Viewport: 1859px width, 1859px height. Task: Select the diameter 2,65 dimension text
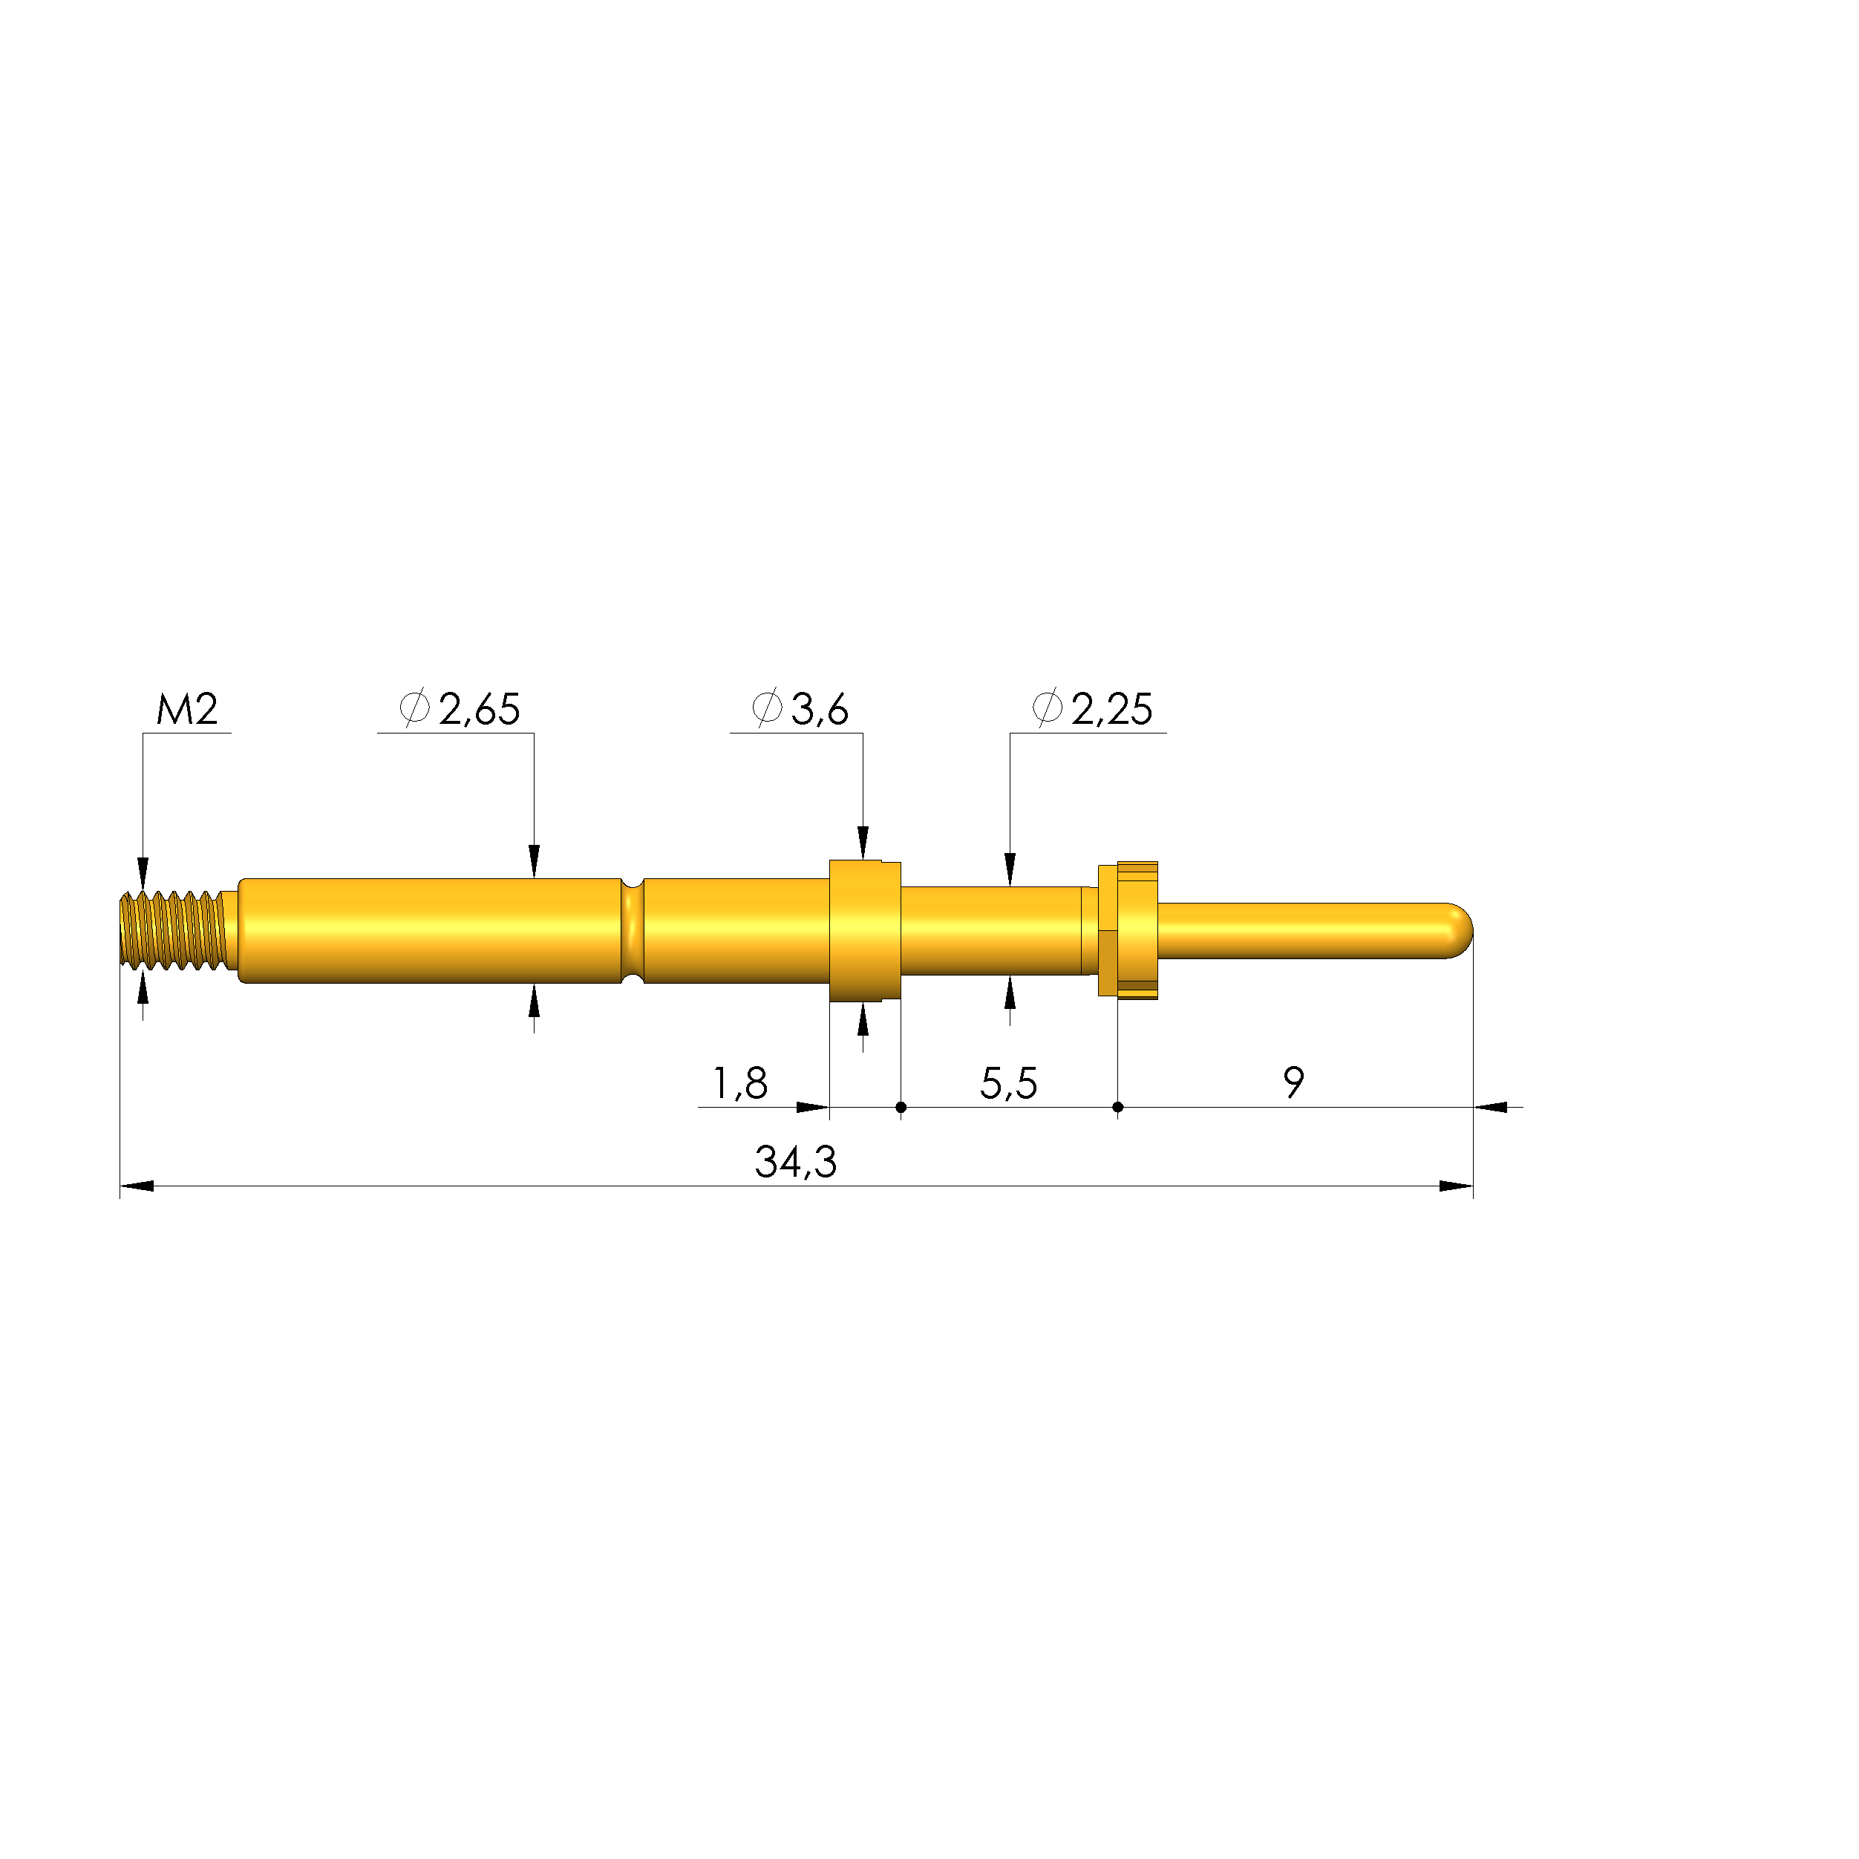(460, 709)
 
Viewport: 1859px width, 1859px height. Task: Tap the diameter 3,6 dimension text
(800, 709)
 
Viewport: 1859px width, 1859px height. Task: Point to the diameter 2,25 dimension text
(1092, 709)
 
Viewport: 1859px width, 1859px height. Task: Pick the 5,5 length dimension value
(1008, 1083)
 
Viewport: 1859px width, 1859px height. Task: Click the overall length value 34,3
(795, 1163)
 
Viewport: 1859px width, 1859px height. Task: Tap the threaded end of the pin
(173, 930)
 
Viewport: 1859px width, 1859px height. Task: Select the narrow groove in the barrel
(633, 930)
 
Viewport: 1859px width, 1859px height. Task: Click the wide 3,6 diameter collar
(864, 930)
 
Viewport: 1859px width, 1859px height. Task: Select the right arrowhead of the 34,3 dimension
(1456, 1186)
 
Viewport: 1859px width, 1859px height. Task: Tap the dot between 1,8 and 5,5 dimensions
(901, 1108)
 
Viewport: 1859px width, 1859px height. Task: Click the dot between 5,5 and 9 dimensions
(1117, 1108)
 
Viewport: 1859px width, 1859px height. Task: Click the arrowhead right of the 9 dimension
(1492, 1108)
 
